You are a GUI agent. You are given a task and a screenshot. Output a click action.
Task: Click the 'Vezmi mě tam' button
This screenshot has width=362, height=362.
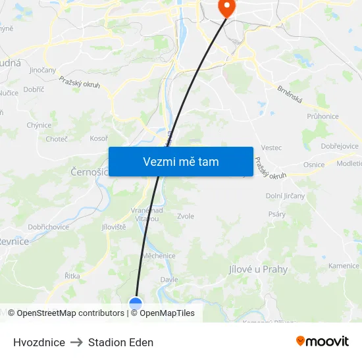tap(181, 161)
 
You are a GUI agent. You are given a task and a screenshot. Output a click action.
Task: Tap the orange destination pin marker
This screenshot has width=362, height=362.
tap(226, 8)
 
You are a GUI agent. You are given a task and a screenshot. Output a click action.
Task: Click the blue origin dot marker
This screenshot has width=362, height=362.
tap(136, 304)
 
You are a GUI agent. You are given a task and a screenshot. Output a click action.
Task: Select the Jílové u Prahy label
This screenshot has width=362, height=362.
tap(258, 269)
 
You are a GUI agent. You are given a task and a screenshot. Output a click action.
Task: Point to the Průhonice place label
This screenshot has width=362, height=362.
tap(323, 116)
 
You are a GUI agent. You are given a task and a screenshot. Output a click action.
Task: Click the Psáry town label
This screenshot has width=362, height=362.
tap(276, 214)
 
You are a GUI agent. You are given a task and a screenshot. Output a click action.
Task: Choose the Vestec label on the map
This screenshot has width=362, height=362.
tap(271, 148)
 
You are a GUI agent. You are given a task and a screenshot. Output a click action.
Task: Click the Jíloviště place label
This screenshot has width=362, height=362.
tap(113, 227)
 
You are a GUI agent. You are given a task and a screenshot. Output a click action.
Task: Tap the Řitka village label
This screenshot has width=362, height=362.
tap(72, 276)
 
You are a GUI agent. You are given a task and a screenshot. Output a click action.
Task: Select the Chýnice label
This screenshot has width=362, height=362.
tap(39, 125)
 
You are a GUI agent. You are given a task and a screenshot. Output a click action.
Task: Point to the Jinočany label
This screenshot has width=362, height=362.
tap(43, 69)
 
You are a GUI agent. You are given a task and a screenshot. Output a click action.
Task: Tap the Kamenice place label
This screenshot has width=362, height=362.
tap(344, 266)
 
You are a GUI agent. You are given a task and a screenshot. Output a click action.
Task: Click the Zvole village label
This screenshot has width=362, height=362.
tap(186, 216)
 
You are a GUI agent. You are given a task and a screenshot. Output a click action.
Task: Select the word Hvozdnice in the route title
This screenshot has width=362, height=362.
tap(39, 342)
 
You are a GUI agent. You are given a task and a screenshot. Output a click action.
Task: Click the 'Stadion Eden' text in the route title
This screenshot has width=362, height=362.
tap(120, 342)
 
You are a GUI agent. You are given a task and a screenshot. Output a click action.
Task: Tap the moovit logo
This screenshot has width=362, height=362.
tap(323, 341)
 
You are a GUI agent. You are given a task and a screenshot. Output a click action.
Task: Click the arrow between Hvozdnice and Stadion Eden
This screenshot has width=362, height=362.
tap(76, 342)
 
